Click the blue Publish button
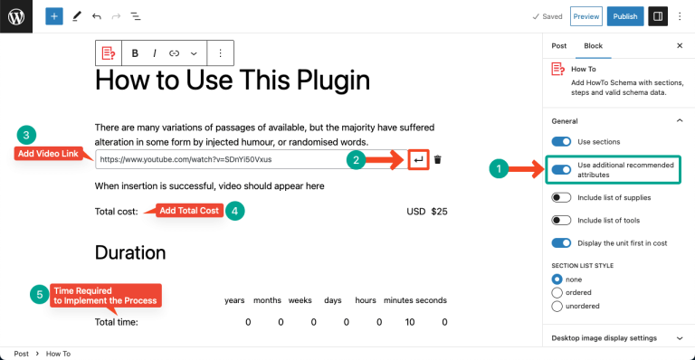(625, 16)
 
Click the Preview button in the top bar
(586, 16)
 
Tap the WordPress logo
(16, 16)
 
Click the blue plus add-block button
(54, 16)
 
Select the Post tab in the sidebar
(559, 45)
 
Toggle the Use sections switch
(562, 142)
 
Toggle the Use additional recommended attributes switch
(562, 169)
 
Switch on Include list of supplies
(562, 196)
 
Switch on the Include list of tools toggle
(562, 220)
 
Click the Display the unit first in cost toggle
(562, 243)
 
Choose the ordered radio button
(557, 292)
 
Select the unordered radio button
(557, 305)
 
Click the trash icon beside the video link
(438, 160)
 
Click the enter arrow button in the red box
(417, 160)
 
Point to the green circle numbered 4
(234, 210)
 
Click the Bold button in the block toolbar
(135, 53)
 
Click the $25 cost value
(439, 212)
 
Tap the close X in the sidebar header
(680, 45)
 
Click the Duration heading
(130, 252)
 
